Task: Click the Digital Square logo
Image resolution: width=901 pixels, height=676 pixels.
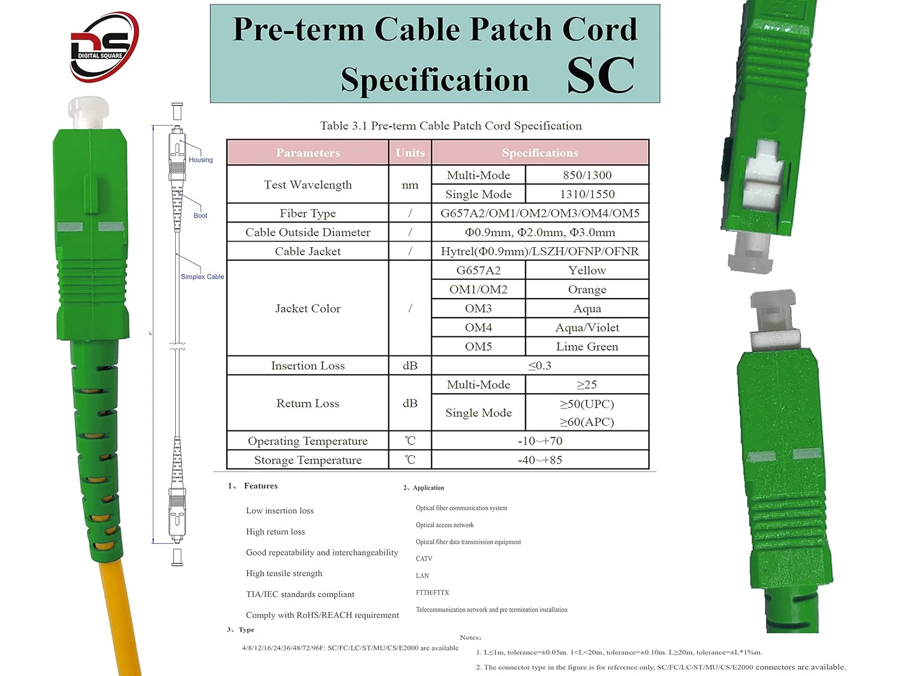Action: pos(104,46)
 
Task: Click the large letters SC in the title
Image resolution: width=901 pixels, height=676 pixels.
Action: pos(600,75)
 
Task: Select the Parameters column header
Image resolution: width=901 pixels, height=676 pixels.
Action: pos(308,153)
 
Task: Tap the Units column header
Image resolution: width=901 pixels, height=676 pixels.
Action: pos(410,153)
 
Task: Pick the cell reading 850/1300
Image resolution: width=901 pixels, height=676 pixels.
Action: pos(587,175)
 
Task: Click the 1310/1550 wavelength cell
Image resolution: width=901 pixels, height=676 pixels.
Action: pos(587,194)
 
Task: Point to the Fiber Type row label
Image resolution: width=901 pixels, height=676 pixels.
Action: pos(308,214)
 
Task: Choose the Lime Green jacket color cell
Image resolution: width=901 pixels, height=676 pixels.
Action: pos(587,346)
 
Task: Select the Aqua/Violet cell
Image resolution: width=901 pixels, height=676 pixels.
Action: pos(587,327)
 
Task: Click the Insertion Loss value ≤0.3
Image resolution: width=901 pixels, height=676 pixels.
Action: pos(540,365)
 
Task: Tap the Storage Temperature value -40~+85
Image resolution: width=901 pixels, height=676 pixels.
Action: pos(540,460)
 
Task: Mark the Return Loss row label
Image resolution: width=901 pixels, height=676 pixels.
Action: pos(308,403)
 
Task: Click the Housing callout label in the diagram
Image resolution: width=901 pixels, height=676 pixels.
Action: pos(200,159)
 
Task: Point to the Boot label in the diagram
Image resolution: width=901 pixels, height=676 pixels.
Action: pos(200,216)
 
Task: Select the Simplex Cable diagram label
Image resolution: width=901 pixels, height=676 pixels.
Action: pos(202,277)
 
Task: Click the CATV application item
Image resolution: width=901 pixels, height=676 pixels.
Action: pos(424,559)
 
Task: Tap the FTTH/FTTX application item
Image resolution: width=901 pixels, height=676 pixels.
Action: pos(432,593)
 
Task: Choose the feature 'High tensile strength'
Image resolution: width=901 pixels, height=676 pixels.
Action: pos(284,573)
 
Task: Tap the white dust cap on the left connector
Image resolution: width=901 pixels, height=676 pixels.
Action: pos(88,113)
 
